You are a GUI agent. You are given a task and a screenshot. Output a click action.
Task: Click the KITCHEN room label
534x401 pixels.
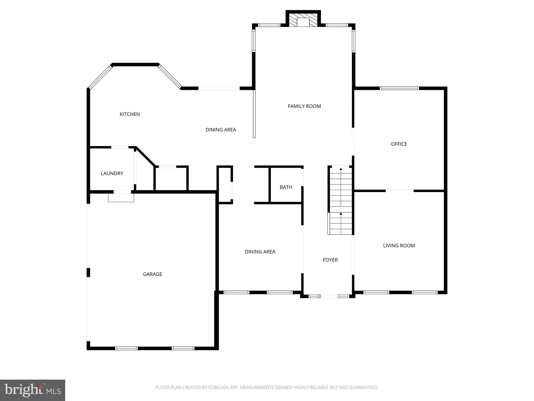[x=130, y=114]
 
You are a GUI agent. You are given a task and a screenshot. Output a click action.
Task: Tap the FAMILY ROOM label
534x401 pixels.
[x=304, y=106]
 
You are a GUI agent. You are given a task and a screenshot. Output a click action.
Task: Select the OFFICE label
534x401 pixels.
[x=399, y=144]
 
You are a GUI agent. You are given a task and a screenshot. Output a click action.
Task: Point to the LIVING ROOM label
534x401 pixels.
[x=399, y=245]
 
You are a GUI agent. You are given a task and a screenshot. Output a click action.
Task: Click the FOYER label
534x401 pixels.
[x=330, y=260]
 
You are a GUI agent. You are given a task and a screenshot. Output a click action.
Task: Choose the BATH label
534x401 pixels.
[x=286, y=187]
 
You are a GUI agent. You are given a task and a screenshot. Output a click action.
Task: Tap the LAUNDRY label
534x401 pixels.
[x=112, y=173]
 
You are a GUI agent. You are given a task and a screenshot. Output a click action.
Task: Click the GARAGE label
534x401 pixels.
[x=152, y=274]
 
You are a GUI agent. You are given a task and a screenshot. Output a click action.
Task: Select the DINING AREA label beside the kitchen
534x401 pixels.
[x=221, y=129]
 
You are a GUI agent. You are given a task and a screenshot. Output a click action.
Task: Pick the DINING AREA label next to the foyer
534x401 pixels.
[x=260, y=252]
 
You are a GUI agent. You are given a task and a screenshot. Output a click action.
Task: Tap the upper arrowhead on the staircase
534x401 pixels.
[x=341, y=169]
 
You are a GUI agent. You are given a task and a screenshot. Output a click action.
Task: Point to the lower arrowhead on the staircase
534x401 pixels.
[x=341, y=214]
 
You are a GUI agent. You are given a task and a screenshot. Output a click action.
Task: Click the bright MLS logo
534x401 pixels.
[x=33, y=390]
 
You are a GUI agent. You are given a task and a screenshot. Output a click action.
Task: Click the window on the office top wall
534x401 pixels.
[x=399, y=88]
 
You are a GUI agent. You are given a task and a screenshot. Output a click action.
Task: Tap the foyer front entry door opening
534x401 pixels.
[x=329, y=296]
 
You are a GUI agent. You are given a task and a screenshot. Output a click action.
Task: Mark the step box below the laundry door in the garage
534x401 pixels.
[x=121, y=198]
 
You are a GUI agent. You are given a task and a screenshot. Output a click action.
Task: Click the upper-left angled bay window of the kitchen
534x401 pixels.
[x=100, y=77]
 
